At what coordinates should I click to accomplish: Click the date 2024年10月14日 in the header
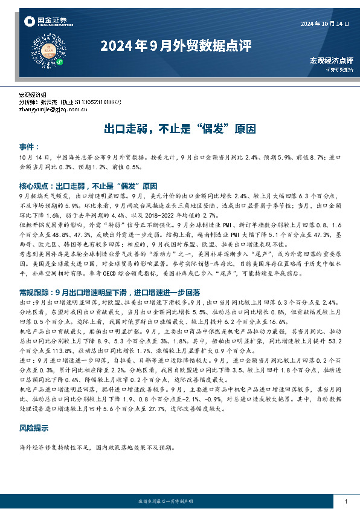pos(325,24)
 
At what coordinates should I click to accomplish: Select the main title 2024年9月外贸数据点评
pos(175,46)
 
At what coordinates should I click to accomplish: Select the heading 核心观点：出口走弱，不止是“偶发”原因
pos(88,186)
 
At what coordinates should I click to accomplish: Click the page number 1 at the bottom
pos(345,502)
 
